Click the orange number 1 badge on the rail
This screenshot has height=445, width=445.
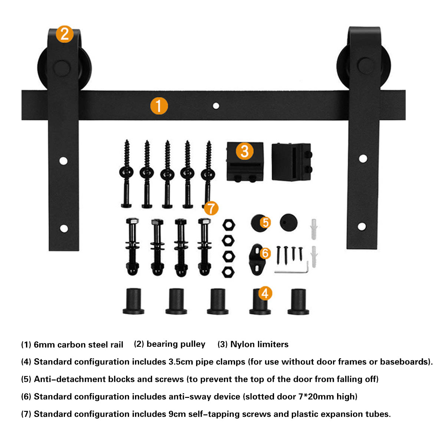tap(159, 106)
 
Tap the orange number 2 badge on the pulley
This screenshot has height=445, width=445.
tap(65, 34)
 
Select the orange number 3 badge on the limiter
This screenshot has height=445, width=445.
tap(244, 151)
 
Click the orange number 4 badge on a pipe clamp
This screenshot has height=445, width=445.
tap(264, 293)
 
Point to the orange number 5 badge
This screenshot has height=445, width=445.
tap(265, 222)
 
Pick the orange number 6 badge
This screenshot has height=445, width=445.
tap(265, 253)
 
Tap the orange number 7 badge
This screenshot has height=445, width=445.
tap(211, 208)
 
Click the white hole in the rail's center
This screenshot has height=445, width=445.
tap(216, 106)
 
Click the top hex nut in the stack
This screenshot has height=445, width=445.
tap(228, 225)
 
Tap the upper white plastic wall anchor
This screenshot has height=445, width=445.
tap(314, 228)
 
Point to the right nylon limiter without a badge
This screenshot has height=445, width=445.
tap(291, 162)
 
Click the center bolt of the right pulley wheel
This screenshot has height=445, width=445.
tap(366, 65)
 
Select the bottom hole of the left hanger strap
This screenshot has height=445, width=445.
tap(64, 228)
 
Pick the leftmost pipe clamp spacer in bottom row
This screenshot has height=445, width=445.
tap(133, 301)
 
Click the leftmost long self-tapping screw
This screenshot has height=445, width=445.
tap(126, 174)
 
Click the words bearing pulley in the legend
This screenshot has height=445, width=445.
tap(176, 344)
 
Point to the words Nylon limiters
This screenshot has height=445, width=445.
tap(259, 344)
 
